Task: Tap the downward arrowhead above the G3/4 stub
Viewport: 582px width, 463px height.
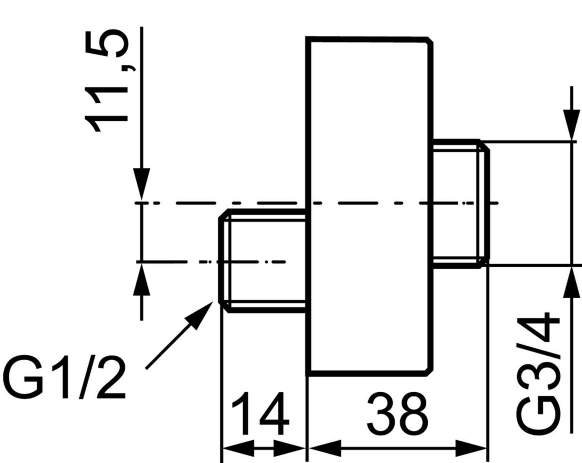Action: pos(572,124)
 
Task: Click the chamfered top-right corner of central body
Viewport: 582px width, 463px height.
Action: pos(429,41)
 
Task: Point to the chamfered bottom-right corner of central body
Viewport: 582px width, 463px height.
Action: pos(429,371)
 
